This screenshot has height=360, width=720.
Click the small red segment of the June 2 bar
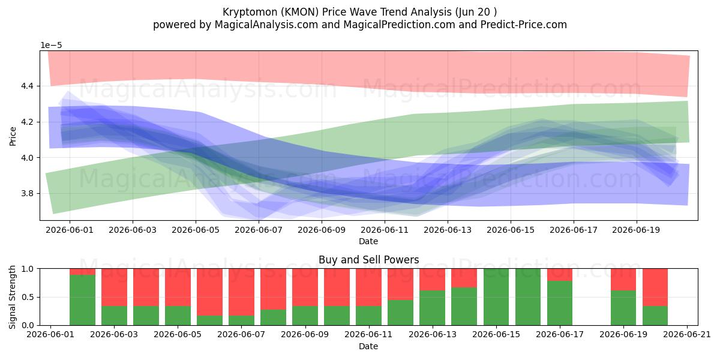click(83, 272)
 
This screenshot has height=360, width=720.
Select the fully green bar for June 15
click(496, 297)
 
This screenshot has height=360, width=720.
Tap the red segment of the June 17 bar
click(560, 275)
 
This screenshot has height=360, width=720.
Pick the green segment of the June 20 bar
click(655, 316)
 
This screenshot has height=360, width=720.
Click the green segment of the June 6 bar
click(210, 320)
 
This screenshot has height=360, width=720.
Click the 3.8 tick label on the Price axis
click(27, 193)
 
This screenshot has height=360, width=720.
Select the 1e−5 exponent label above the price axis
click(51, 46)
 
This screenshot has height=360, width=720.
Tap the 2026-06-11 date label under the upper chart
click(385, 230)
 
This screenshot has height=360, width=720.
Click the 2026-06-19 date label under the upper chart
click(636, 230)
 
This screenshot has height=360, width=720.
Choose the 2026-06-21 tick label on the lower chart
click(687, 335)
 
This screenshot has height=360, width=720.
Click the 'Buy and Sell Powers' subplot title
click(368, 260)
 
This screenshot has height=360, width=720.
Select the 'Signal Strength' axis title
click(12, 297)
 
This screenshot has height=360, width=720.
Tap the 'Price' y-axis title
click(13, 136)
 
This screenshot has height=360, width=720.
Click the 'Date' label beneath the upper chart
click(368, 241)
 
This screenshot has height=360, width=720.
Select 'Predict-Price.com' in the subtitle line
click(524, 25)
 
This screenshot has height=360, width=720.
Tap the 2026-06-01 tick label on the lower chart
click(50, 335)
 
